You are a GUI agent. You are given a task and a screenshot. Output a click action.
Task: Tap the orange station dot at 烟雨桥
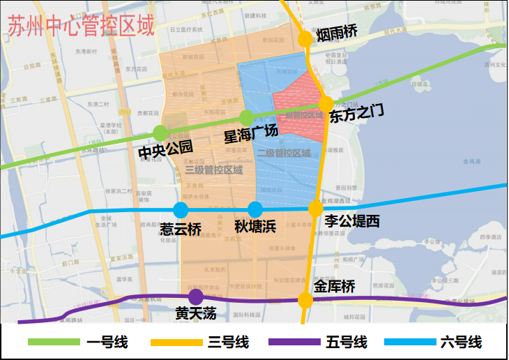(305, 39)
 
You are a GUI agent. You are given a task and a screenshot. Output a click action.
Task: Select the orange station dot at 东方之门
(326, 103)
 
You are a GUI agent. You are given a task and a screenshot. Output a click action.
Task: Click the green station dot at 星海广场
(247, 117)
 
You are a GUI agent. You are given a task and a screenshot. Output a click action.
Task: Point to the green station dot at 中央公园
(160, 133)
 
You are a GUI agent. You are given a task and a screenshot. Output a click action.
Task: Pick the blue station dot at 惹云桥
(181, 209)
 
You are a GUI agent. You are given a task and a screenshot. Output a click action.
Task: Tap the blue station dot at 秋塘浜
(255, 209)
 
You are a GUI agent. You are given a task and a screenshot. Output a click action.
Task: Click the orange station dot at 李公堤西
(316, 208)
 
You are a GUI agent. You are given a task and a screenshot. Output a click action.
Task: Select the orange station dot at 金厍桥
(305, 301)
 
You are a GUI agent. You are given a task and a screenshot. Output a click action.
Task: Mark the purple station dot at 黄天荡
(196, 297)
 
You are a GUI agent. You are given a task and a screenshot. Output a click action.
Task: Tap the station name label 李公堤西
(353, 221)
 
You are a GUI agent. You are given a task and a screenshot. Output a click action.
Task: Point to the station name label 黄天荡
(196, 314)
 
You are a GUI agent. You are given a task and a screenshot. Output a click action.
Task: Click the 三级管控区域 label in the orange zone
(214, 170)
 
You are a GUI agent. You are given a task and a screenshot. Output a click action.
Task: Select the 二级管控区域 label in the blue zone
(283, 153)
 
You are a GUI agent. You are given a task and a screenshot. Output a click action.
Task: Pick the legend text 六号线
(461, 343)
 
